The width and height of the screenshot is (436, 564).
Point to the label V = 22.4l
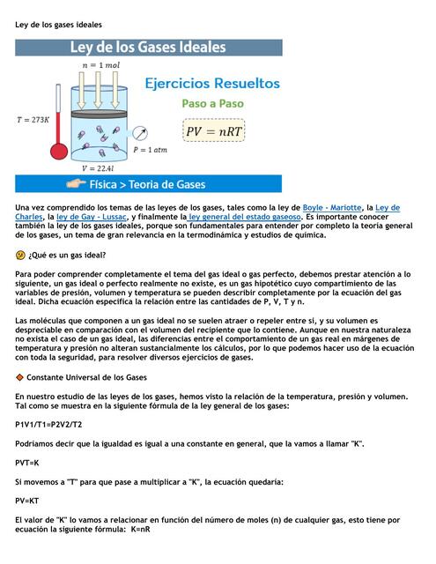click(x=99, y=168)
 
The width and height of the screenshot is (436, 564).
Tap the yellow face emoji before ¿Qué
click(x=20, y=256)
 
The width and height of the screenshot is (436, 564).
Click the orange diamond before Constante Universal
click(x=20, y=377)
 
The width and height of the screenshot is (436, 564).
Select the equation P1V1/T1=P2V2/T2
click(x=50, y=426)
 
